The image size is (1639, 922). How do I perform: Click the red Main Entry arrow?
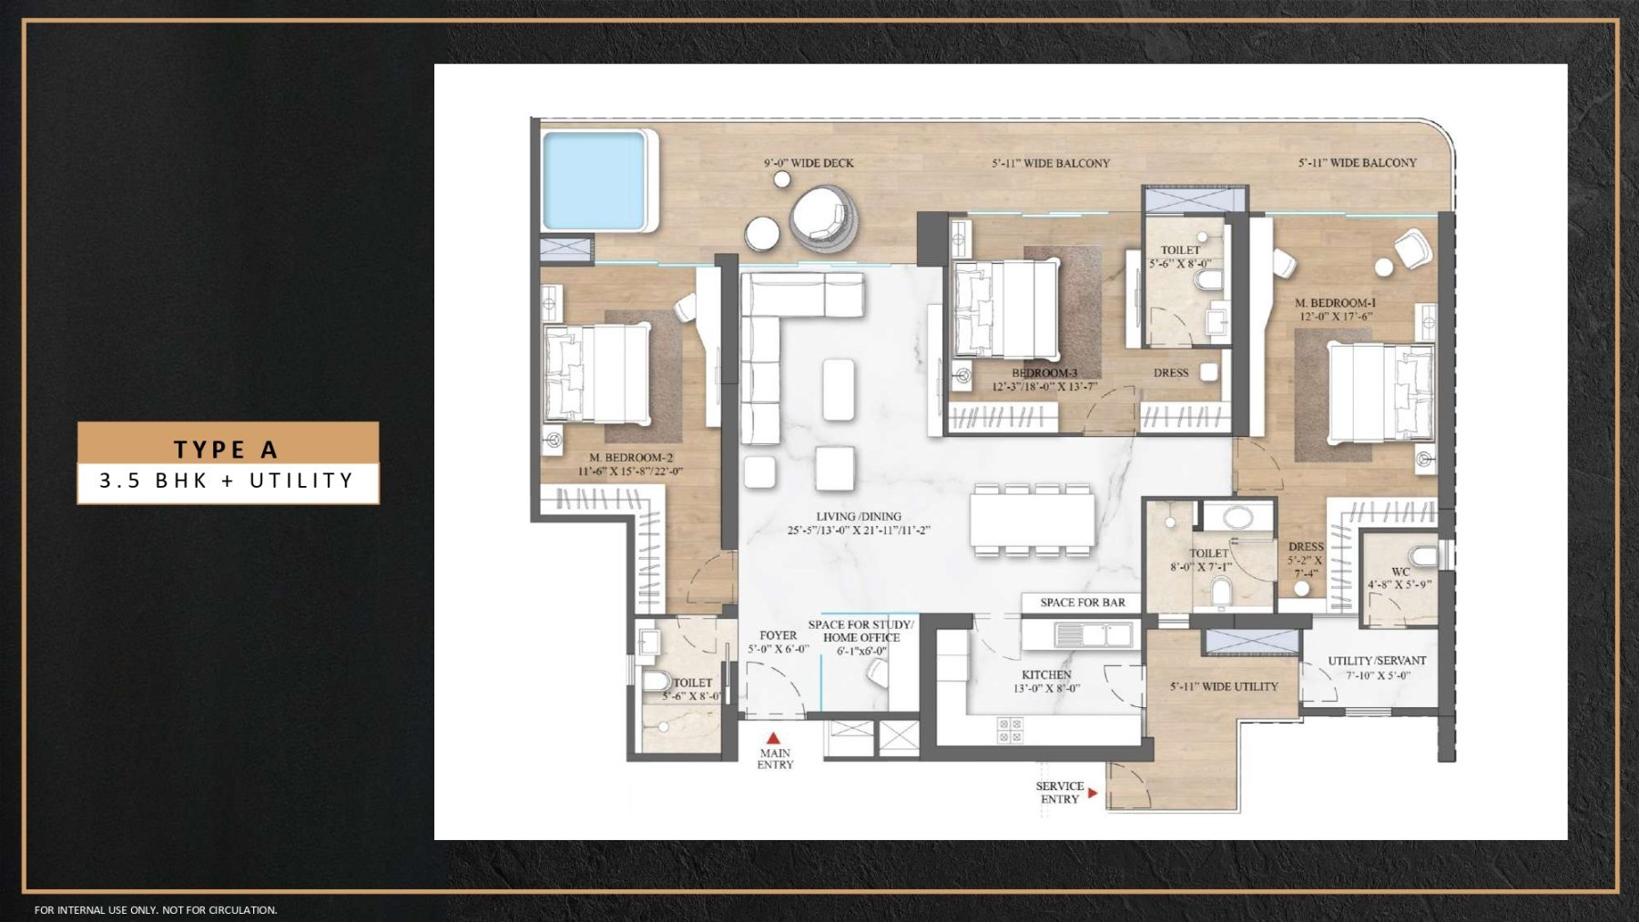[x=773, y=738]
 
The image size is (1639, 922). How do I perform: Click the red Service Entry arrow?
[x=1093, y=793]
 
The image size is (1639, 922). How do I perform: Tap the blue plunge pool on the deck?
[x=595, y=180]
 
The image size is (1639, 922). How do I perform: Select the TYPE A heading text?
[x=227, y=449]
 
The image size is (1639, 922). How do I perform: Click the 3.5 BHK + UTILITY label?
[x=227, y=481]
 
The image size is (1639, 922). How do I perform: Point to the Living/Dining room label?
[x=858, y=523]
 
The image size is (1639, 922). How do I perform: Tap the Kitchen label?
[x=1046, y=681]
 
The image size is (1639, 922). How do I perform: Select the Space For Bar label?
[x=1082, y=603]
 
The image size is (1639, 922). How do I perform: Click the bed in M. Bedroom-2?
[x=597, y=374]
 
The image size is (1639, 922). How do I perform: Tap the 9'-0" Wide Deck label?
[x=809, y=163]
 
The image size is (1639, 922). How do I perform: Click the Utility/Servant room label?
[x=1377, y=667]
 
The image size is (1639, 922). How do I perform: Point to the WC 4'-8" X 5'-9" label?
[x=1400, y=578]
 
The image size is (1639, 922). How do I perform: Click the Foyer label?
[x=778, y=642]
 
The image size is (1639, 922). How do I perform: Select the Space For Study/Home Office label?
[x=860, y=637]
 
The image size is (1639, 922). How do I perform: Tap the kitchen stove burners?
[x=1010, y=729]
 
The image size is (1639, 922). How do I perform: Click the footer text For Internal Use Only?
[x=156, y=909]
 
